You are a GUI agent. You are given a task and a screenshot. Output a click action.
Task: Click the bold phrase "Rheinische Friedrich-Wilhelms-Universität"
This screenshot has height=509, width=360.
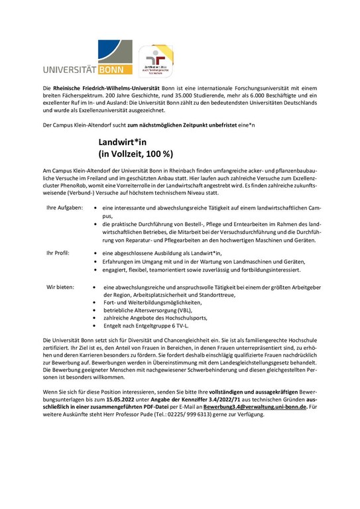103,88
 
